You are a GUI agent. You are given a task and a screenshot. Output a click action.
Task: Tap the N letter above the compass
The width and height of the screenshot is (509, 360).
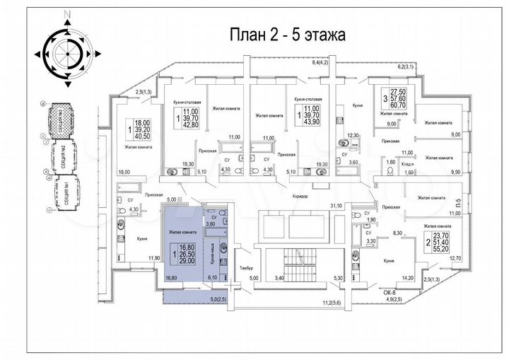click(66, 13)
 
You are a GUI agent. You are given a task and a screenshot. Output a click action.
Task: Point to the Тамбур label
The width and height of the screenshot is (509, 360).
click(246, 269)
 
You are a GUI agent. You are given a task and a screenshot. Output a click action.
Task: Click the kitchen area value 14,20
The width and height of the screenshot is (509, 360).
click(406, 279)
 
